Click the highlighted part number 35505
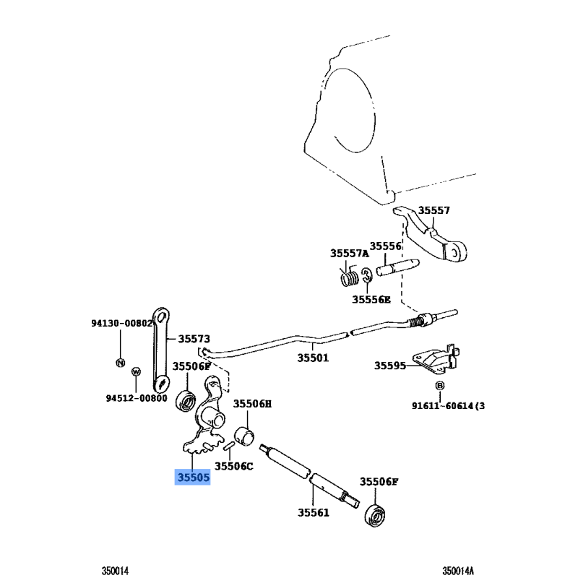(x=193, y=477)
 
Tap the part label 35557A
(x=350, y=254)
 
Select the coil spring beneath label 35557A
(x=350, y=275)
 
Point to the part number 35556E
(x=371, y=299)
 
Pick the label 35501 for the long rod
(x=312, y=358)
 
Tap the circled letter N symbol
(x=121, y=361)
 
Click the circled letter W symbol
(x=135, y=371)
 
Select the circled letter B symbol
(x=439, y=387)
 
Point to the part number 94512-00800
(x=137, y=397)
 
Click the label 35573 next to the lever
(x=194, y=338)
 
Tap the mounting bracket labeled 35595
(x=432, y=361)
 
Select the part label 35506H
(x=251, y=404)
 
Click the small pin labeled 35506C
(x=228, y=448)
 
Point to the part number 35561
(x=313, y=513)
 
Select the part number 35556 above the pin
(x=385, y=246)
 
